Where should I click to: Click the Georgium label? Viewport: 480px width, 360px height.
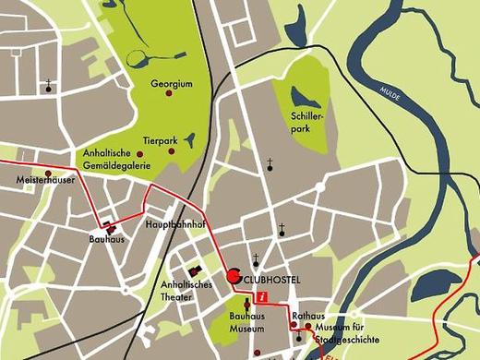click(x=172, y=83)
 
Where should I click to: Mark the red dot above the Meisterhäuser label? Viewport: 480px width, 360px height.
click(x=47, y=173)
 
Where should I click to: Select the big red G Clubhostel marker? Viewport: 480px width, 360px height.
click(x=234, y=276)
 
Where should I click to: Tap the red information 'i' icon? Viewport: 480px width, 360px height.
click(x=263, y=297)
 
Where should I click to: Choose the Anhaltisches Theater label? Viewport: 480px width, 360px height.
click(x=187, y=290)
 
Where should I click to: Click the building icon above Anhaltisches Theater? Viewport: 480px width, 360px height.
click(x=194, y=270)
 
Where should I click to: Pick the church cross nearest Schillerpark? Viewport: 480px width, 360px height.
click(x=270, y=164)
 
